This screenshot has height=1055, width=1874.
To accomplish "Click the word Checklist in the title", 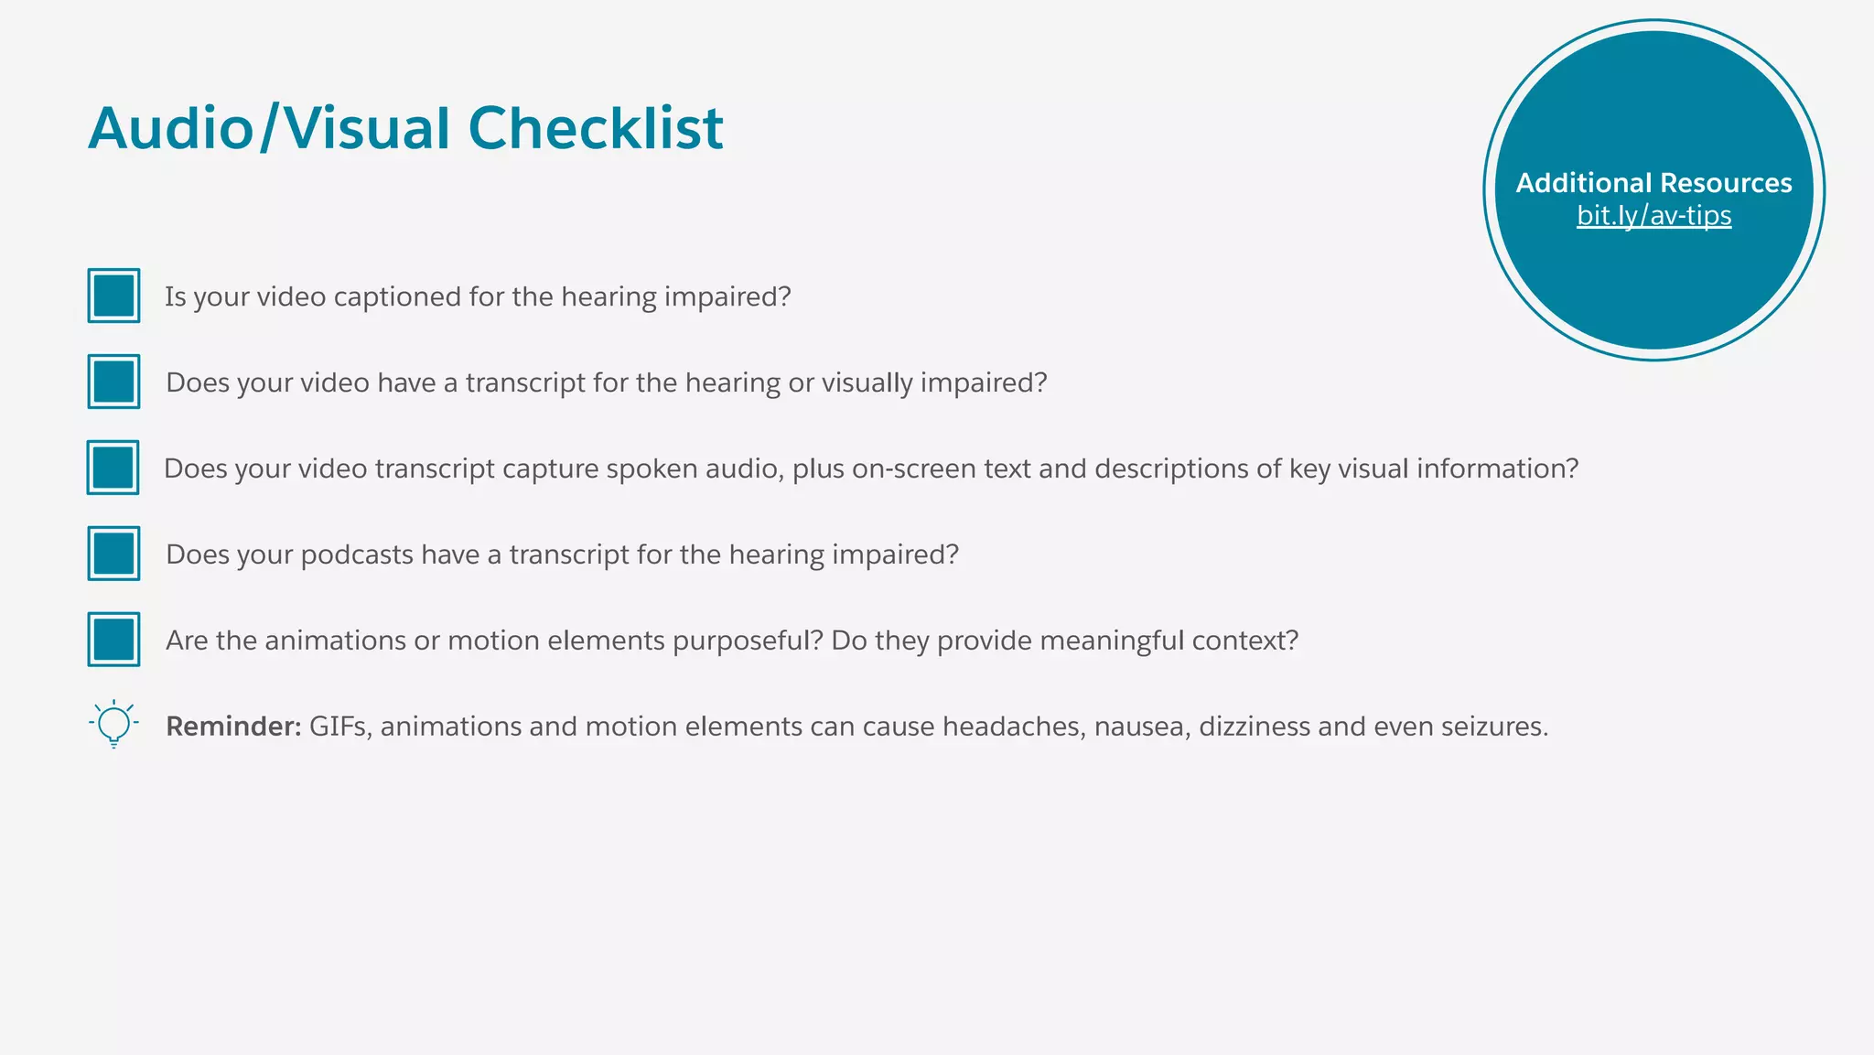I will (x=595, y=128).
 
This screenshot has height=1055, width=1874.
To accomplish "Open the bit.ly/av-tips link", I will (x=1653, y=216).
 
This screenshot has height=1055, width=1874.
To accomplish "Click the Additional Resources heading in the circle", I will (x=1653, y=183).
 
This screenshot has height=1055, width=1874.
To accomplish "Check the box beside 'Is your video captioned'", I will (x=114, y=296).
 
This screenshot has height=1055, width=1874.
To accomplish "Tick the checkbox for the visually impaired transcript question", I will (x=114, y=382).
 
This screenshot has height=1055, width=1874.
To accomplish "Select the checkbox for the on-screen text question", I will (x=113, y=468).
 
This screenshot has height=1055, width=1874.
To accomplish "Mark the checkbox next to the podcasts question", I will (x=114, y=554).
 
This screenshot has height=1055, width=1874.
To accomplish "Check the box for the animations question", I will (x=114, y=640).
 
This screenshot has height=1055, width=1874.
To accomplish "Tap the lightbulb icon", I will (x=113, y=724).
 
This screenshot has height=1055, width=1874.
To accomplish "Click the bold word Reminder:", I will (x=233, y=727).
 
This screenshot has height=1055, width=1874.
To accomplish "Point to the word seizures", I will (x=1494, y=727).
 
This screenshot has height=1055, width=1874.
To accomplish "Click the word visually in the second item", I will (x=867, y=383).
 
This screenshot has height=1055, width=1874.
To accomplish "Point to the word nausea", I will (x=1142, y=727).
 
